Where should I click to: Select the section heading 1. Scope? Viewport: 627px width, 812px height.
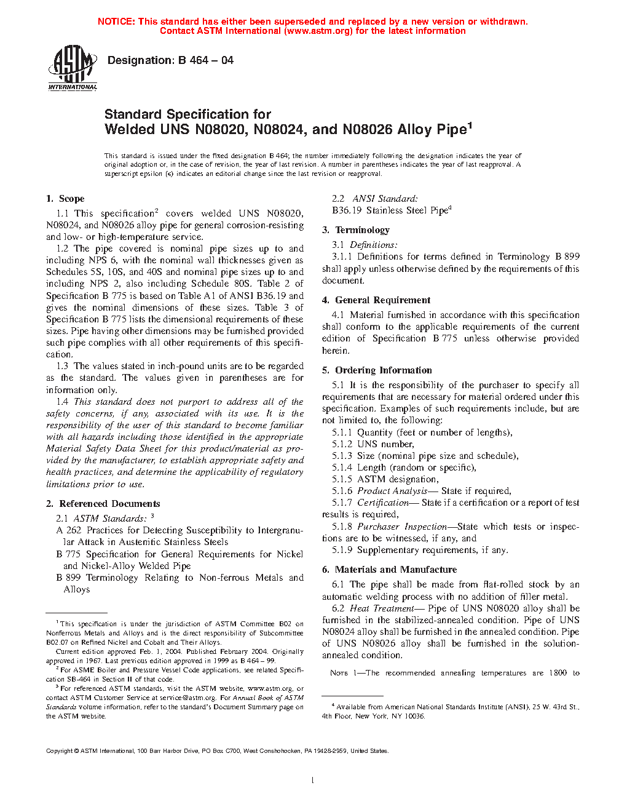point(65,199)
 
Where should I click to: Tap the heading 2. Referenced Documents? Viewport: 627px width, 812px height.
point(103,504)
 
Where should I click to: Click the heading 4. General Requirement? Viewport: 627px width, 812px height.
point(376,300)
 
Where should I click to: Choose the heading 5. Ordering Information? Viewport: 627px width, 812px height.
point(377,370)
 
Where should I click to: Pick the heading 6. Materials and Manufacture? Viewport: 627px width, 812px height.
point(389,570)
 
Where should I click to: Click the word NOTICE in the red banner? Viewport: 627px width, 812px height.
point(116,22)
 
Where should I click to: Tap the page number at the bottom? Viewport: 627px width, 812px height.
point(313,781)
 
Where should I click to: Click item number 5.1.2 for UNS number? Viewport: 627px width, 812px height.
point(342,444)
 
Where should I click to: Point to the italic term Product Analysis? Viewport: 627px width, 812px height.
point(392,491)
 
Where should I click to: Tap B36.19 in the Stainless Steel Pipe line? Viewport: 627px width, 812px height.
point(347,210)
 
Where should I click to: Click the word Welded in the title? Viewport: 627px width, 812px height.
point(130,130)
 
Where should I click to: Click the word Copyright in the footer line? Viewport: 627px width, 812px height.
point(60,750)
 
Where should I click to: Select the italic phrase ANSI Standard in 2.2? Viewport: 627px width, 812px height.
point(385,199)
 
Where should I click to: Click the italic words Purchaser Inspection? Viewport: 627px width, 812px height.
point(402,527)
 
